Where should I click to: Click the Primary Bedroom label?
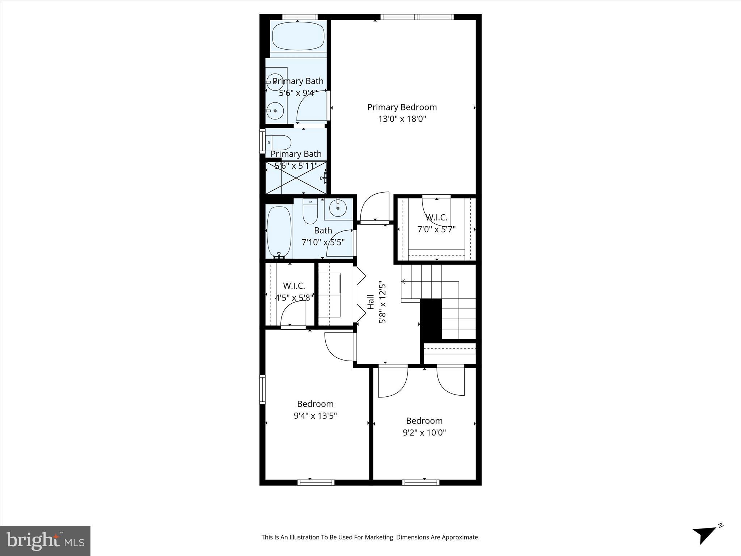(x=402, y=107)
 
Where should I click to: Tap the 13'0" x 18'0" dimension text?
(x=402, y=119)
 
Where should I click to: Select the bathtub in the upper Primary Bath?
(x=298, y=36)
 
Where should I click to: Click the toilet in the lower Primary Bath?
(x=279, y=143)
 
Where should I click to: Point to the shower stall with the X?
(x=296, y=178)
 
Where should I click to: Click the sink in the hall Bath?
(x=338, y=208)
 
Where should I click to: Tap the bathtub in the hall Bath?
(x=279, y=231)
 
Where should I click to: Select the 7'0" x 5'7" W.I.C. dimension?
(x=436, y=229)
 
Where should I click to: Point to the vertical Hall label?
(x=371, y=302)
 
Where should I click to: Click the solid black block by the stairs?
(x=431, y=319)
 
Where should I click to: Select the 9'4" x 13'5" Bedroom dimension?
(x=315, y=416)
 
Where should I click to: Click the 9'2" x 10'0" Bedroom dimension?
(x=424, y=433)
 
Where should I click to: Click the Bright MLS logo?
(x=45, y=541)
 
